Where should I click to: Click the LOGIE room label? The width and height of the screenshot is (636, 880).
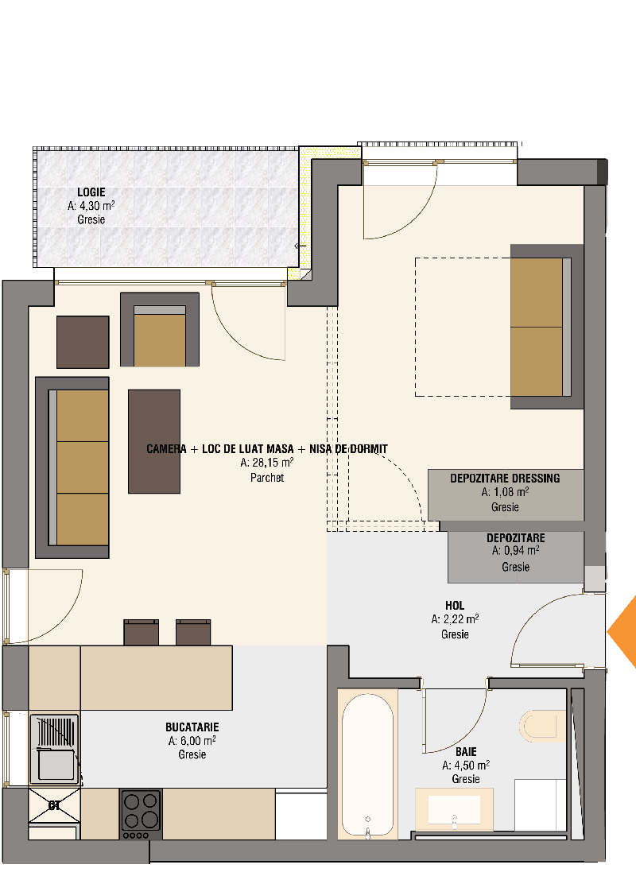tap(91, 192)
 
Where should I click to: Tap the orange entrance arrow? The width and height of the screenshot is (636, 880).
tap(623, 632)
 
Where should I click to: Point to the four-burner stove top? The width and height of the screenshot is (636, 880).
tap(142, 814)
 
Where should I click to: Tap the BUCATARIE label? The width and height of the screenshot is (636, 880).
tap(192, 727)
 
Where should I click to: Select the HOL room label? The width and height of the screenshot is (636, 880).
tap(455, 606)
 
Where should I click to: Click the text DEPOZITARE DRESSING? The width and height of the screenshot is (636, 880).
tap(505, 479)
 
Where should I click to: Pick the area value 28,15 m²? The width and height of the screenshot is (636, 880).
tap(267, 463)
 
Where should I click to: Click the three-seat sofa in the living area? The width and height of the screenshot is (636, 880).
tap(72, 467)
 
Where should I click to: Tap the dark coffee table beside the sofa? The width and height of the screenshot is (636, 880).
tap(154, 442)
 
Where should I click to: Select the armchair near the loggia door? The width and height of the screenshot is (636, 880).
tap(160, 330)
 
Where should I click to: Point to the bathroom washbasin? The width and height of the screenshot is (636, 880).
tap(454, 808)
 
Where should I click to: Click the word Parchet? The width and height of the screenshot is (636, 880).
tap(267, 478)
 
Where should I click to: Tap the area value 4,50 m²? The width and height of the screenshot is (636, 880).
tap(466, 765)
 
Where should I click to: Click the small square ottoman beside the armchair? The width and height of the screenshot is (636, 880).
tap(83, 343)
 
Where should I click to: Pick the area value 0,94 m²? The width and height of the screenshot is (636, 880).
tap(516, 551)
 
